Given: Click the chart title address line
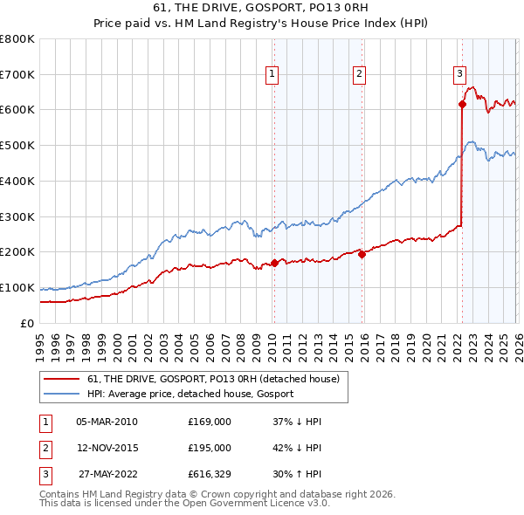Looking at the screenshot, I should tap(262, 8).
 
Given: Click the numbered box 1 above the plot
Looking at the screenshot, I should tap(272, 75).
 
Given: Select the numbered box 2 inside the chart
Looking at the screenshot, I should tap(359, 75).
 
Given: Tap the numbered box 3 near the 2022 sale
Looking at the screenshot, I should tap(459, 75).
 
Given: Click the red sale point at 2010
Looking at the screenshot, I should tap(274, 262).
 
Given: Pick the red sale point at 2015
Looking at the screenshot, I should tap(362, 254).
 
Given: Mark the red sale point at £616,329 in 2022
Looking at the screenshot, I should tap(462, 104).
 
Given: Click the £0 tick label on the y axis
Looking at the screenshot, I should tap(26, 324).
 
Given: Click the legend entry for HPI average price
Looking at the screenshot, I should tap(190, 394).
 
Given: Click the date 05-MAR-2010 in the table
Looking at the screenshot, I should tap(107, 422).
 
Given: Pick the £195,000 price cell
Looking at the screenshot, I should tap(210, 448).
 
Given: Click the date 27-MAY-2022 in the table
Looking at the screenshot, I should tap(107, 474).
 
